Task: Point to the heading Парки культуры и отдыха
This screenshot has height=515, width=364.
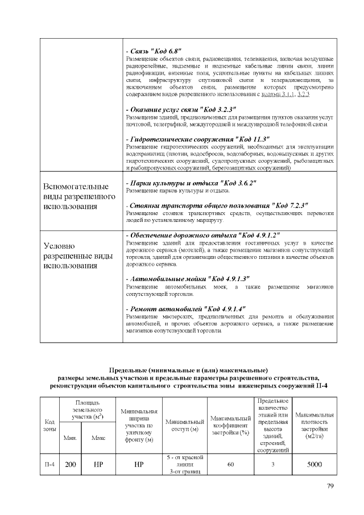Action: [x=191, y=183]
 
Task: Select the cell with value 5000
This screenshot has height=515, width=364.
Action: [x=314, y=465]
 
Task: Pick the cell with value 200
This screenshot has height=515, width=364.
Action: [x=70, y=465]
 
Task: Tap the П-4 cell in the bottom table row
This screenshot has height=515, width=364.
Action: [x=49, y=465]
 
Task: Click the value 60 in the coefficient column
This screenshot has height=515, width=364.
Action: [x=230, y=465]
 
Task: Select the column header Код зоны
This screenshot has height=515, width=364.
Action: [x=49, y=425]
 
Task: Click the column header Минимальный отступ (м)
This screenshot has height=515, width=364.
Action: [x=185, y=425]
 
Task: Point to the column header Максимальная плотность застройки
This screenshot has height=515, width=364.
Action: [x=314, y=425]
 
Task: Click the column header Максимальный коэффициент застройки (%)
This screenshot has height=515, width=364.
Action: [x=230, y=425]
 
